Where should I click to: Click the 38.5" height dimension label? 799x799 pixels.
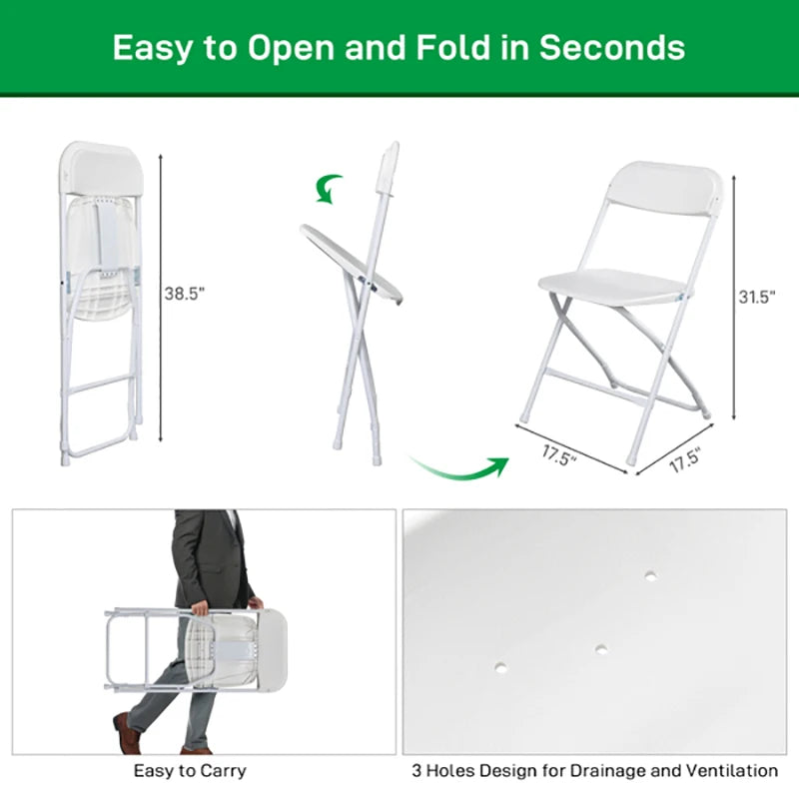pos(184,293)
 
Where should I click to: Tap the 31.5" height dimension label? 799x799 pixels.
pos(756,297)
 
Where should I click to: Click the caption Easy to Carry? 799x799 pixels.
pos(190,770)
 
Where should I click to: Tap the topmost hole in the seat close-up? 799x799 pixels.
pos(651,576)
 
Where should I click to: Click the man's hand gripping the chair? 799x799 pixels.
pos(199,606)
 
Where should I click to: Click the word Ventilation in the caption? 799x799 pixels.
pos(728,770)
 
